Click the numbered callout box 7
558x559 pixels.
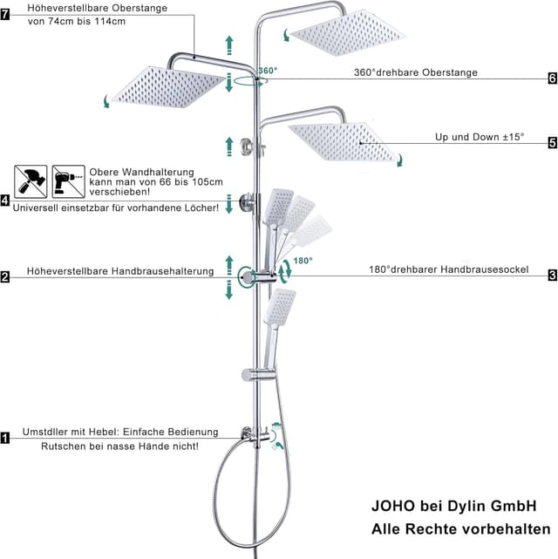[5, 15]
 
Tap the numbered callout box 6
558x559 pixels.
[552, 78]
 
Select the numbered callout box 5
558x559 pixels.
[552, 143]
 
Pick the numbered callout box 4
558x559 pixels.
[5, 201]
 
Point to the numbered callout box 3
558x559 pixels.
[552, 276]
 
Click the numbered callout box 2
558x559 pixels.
[5, 276]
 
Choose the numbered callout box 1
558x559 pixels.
[5, 438]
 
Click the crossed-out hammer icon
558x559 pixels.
[31, 181]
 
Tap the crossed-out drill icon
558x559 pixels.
[68, 181]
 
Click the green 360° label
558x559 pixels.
[268, 71]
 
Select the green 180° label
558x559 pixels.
[303, 261]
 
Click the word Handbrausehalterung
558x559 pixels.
[162, 271]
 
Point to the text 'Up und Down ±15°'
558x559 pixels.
[480, 137]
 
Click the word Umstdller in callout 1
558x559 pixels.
[44, 432]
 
